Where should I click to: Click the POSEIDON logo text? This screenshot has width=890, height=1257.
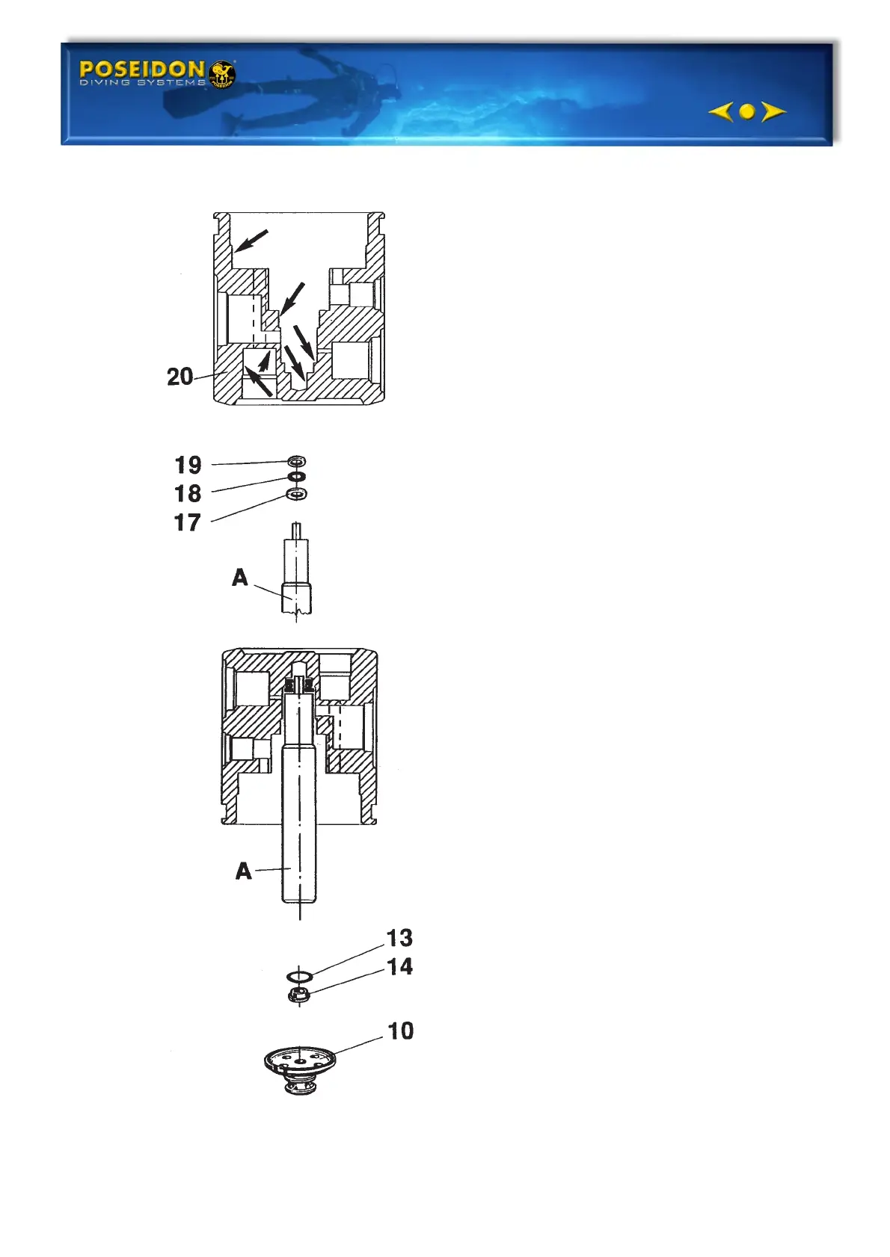point(141,70)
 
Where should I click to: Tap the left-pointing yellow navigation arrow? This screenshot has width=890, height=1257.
point(720,111)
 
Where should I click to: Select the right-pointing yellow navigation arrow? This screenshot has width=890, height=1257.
point(773,111)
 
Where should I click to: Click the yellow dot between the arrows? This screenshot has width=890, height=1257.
point(746,111)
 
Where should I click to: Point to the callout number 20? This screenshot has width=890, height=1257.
point(180,376)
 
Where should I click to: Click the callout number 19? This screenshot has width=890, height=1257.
point(188,465)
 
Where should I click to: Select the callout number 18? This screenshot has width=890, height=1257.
point(188,493)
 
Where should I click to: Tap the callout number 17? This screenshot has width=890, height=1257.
point(188,522)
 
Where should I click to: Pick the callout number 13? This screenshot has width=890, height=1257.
point(399,938)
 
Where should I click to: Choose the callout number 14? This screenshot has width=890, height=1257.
point(400,966)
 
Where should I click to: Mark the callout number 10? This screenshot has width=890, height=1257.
point(400,1031)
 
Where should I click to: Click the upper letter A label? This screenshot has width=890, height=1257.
point(239,578)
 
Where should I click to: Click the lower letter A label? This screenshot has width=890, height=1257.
point(243,871)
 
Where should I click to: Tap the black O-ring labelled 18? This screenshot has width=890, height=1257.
point(297,477)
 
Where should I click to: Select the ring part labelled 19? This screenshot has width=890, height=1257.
point(297,462)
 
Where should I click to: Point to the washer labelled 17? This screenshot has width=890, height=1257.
point(297,494)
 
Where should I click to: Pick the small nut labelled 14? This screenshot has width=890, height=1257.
point(298,994)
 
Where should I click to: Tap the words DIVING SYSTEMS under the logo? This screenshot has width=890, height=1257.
point(142,83)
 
